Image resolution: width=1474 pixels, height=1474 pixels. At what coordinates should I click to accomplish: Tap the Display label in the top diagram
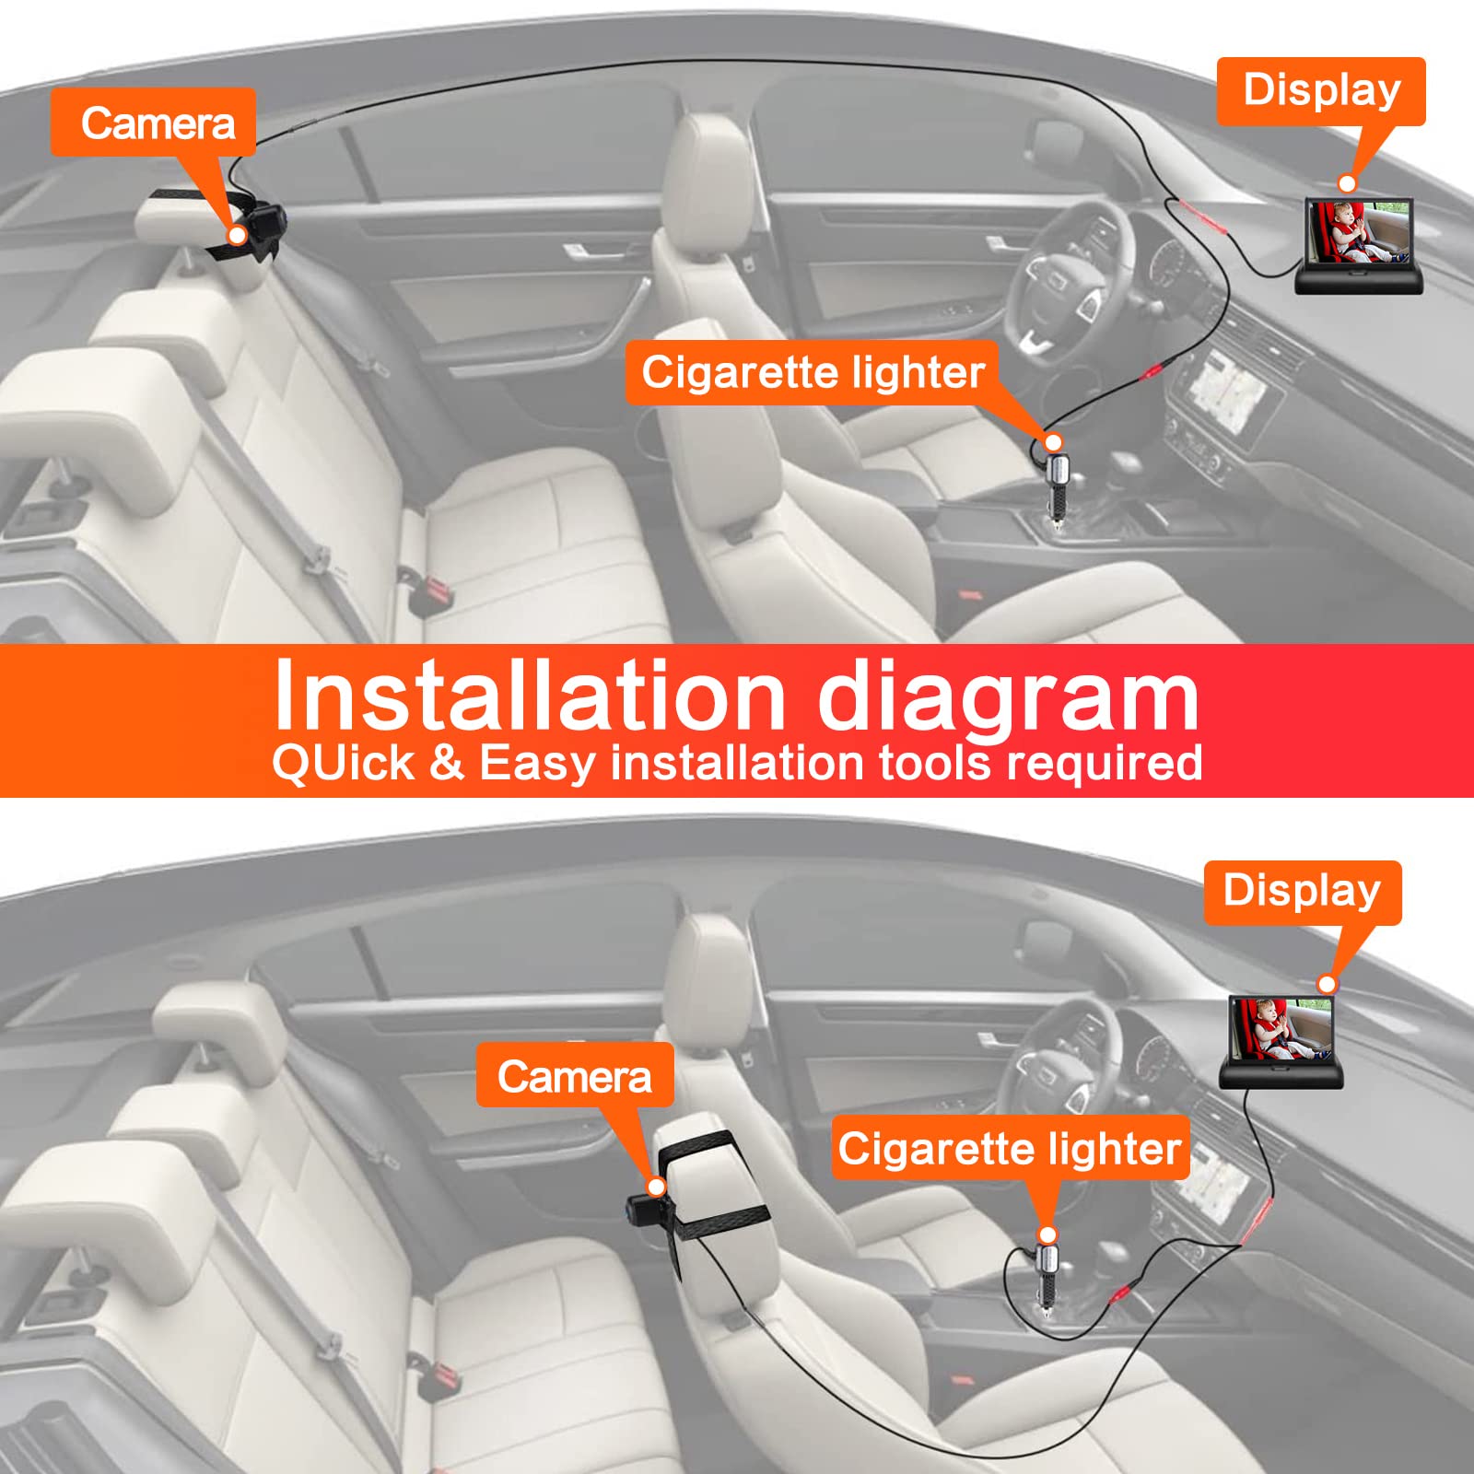(x=1321, y=91)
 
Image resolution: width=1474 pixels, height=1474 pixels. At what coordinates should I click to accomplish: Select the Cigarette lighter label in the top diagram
(x=813, y=372)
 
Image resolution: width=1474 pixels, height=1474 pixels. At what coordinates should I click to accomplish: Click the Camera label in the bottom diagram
(x=575, y=1075)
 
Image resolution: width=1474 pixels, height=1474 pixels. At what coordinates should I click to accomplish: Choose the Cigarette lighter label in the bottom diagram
(x=1011, y=1148)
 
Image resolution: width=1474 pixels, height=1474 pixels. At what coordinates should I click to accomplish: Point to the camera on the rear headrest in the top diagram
(x=263, y=224)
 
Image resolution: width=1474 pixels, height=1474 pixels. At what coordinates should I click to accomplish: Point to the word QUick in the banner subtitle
(x=344, y=764)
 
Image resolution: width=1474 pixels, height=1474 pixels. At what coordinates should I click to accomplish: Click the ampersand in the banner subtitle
(x=447, y=764)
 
